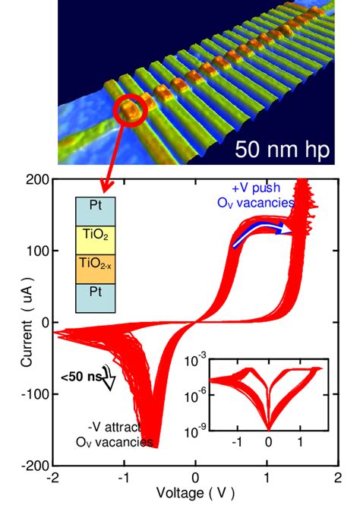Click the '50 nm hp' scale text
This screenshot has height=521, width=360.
[283, 149]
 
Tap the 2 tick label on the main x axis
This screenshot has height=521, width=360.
[337, 478]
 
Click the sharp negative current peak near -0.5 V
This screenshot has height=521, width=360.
[156, 444]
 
